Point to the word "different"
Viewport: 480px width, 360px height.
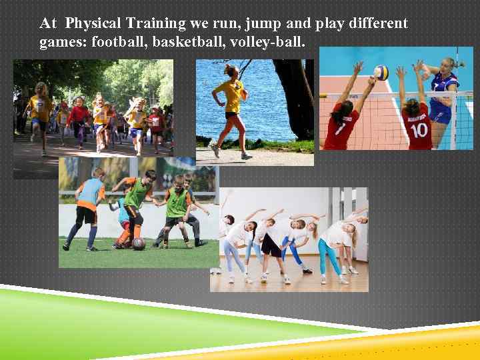click(375, 24)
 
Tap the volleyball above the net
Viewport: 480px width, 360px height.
click(381, 72)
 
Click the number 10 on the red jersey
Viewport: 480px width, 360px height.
click(417, 131)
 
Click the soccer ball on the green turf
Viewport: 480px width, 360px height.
click(138, 243)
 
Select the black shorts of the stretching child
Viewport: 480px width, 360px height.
click(271, 246)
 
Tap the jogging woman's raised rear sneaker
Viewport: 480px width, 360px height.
click(214, 149)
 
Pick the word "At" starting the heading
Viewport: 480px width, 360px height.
click(48, 24)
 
